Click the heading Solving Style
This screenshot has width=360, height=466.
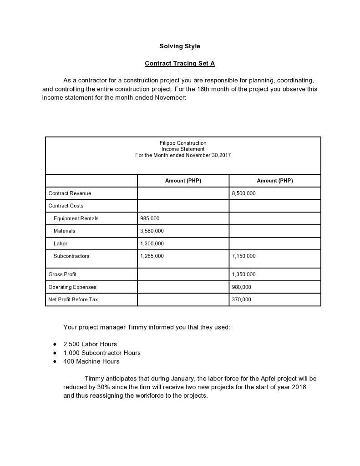[180, 46]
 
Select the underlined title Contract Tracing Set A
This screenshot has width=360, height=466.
[180, 63]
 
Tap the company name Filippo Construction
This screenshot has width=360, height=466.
[183, 143]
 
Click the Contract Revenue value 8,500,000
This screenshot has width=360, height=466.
[243, 193]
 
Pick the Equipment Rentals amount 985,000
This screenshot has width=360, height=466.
[150, 218]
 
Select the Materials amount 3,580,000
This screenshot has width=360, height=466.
[152, 231]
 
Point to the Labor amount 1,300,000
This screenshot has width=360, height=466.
[152, 243]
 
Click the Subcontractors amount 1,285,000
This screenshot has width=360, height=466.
[152, 256]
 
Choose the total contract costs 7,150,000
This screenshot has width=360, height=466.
[243, 256]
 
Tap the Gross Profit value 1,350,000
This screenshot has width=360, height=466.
[243, 274]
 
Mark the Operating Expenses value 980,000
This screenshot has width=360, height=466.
[241, 287]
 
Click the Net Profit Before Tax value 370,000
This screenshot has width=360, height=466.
[241, 299]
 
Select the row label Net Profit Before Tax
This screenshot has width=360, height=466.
[73, 299]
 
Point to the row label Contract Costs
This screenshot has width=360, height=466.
[66, 206]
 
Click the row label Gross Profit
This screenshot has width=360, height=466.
[62, 274]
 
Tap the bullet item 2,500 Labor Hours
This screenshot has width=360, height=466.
[90, 344]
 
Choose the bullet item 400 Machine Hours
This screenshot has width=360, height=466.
[91, 361]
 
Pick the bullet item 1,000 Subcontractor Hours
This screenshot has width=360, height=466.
[102, 353]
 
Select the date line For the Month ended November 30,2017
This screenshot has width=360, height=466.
[183, 155]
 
